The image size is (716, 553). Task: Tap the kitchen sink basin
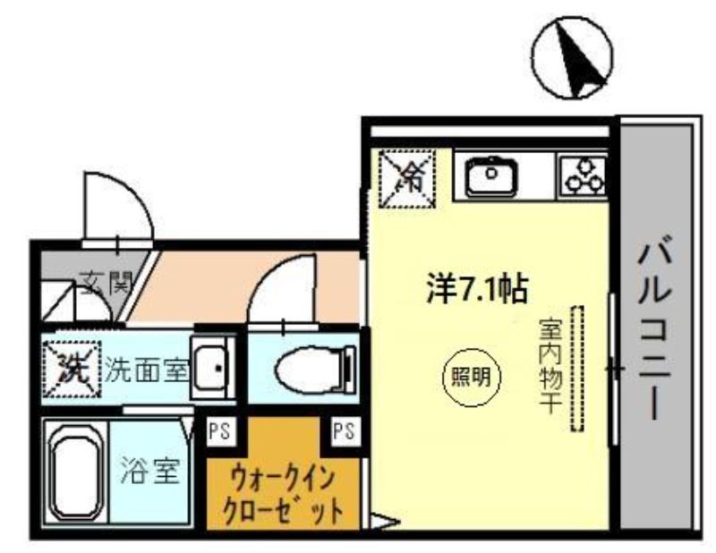490,176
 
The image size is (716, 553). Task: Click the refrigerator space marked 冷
407,180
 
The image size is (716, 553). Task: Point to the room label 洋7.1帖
478,289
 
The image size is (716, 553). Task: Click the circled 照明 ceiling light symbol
472,378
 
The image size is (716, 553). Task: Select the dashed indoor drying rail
577,369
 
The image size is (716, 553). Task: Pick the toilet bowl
315,370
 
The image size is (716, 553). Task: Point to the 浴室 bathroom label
149,471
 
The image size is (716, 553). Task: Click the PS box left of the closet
221,430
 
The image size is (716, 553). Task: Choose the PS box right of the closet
345,430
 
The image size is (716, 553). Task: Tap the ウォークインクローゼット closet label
284,496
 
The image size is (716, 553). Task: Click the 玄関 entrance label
106,282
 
